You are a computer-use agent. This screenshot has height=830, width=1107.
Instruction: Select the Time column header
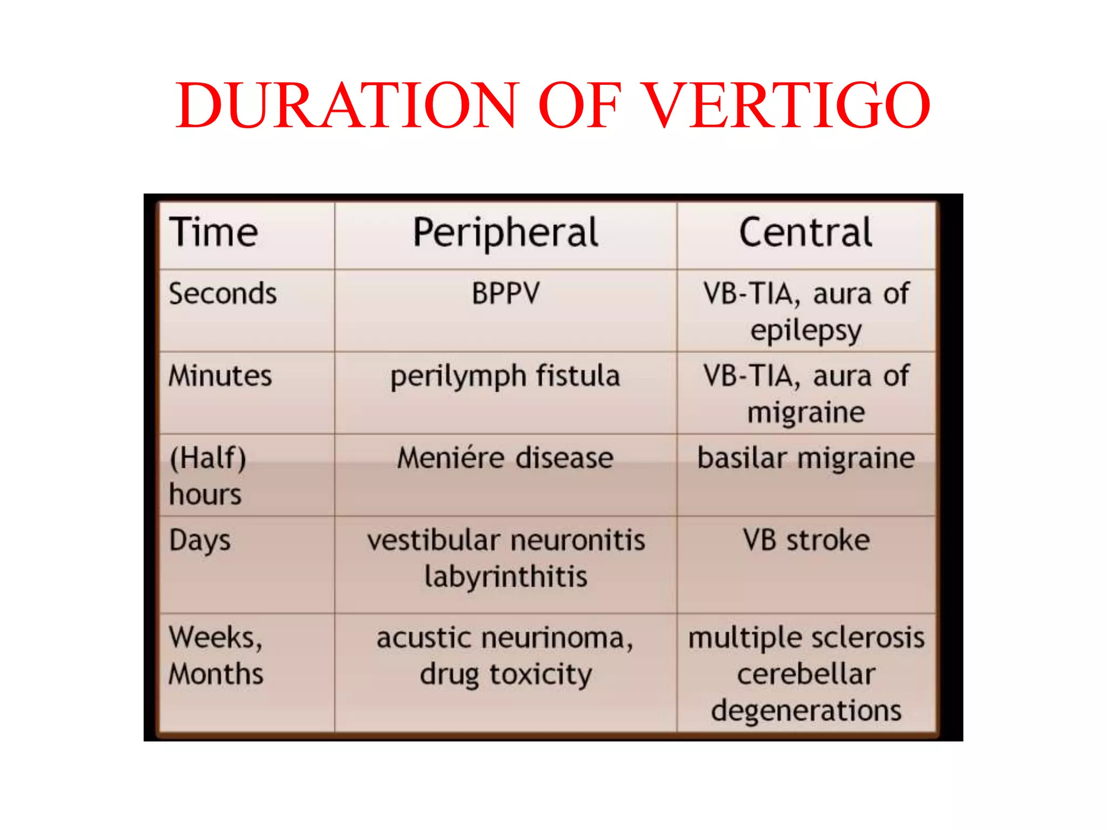point(214,232)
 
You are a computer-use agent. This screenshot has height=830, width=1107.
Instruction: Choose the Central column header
point(805,232)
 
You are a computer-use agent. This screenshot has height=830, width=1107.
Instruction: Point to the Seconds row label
point(223,294)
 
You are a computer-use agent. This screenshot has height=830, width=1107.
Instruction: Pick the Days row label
point(200,540)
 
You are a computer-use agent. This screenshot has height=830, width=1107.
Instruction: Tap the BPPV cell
point(505,294)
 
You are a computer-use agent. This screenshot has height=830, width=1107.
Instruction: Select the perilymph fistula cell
point(505,377)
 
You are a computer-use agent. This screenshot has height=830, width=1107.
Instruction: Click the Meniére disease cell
point(505,458)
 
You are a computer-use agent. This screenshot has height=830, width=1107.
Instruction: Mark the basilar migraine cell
point(806,458)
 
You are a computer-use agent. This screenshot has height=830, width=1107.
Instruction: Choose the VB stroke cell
point(806,540)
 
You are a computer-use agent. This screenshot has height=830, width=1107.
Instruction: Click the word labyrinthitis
point(505,577)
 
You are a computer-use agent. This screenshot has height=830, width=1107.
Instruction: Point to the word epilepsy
point(806,331)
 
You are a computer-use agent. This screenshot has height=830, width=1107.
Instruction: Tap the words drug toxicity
point(505,674)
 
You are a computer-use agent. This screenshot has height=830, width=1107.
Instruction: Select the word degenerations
point(806,711)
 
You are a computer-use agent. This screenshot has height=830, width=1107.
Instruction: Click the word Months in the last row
point(216,674)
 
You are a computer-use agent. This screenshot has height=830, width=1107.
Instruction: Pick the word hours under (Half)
point(205,494)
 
